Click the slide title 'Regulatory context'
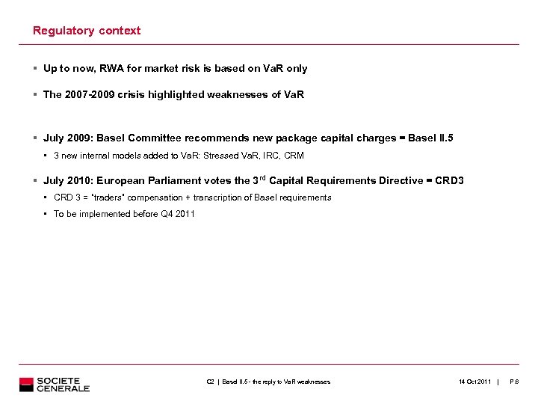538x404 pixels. (x=87, y=31)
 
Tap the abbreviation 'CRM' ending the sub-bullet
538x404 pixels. (x=293, y=156)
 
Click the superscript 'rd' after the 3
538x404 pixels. (x=259, y=177)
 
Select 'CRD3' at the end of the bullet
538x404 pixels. (x=450, y=180)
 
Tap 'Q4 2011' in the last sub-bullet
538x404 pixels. (x=178, y=214)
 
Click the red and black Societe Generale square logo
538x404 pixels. (x=27, y=385)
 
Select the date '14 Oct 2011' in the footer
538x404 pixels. (x=474, y=382)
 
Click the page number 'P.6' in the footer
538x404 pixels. (x=514, y=382)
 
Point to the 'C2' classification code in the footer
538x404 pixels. (x=210, y=382)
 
